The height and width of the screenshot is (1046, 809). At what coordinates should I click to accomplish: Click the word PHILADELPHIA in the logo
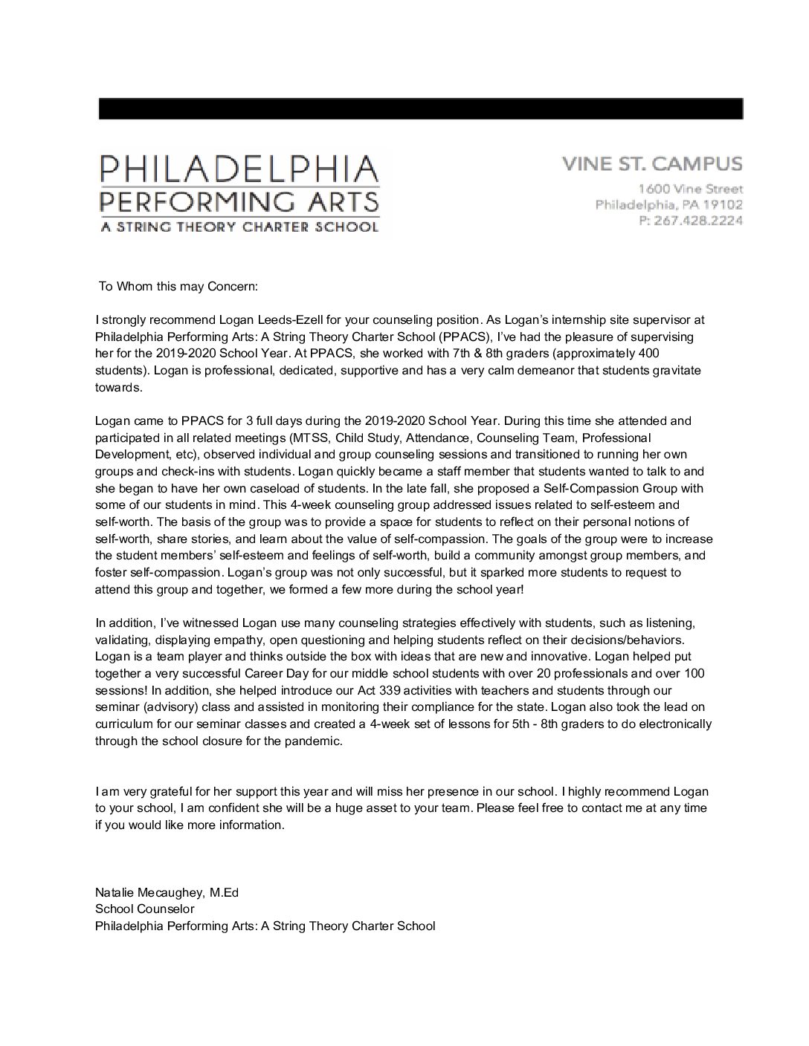239,169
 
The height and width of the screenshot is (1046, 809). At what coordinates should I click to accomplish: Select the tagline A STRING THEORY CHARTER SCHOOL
239,227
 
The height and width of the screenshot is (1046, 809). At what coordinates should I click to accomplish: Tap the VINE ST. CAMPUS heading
651,163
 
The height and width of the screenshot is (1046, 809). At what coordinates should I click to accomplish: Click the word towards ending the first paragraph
117,387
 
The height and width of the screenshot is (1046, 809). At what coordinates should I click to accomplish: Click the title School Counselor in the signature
144,909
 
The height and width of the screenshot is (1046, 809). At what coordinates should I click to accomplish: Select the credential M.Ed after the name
225,892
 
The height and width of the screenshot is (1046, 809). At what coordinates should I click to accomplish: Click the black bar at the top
420,108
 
